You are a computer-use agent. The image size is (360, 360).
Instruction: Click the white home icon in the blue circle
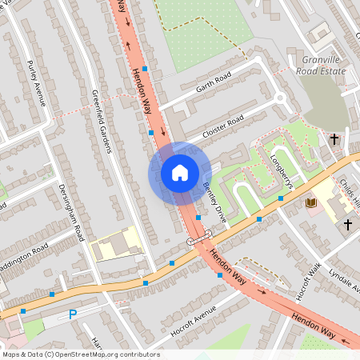(180, 173)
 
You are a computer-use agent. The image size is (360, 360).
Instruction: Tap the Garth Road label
(210, 82)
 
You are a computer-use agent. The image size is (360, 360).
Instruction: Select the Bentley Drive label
(214, 206)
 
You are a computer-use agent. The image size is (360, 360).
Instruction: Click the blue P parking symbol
(73, 315)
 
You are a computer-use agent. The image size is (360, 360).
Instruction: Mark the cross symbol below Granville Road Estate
(334, 139)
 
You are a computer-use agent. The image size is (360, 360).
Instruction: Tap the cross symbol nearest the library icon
(348, 225)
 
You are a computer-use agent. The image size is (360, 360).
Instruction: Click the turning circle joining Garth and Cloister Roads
(279, 99)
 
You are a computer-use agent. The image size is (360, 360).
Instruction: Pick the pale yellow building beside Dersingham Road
(116, 245)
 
